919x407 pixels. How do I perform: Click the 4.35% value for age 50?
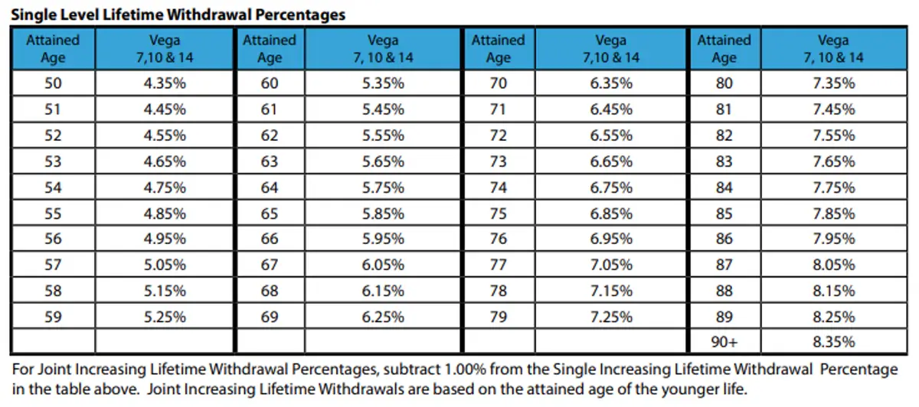click(x=165, y=83)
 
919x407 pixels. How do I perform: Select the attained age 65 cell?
click(x=270, y=213)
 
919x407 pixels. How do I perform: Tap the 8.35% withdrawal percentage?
click(x=833, y=342)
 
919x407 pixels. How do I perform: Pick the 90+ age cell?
click(x=724, y=342)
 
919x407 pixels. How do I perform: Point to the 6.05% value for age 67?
click(x=383, y=265)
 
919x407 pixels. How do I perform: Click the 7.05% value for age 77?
click(x=611, y=265)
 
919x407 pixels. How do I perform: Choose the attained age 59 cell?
click(x=52, y=316)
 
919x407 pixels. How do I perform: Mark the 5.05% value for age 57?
click(x=165, y=265)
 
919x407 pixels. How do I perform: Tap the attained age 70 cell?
click(x=498, y=83)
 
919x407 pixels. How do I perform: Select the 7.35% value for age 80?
click(x=833, y=83)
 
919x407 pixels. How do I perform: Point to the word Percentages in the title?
click(x=302, y=14)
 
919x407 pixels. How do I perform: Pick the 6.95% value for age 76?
click(x=611, y=239)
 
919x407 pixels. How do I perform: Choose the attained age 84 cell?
click(x=724, y=187)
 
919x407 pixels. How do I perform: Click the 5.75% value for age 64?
click(x=383, y=187)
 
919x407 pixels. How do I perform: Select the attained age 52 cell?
click(x=52, y=135)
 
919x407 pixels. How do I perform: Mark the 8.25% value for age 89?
click(x=833, y=316)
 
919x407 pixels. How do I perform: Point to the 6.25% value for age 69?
click(x=383, y=316)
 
